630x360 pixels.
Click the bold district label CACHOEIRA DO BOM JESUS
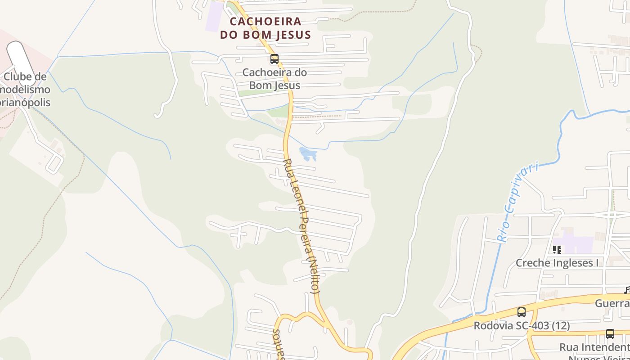265,28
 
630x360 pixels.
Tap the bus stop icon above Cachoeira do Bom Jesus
274,59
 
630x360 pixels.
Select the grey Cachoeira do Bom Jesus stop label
274,79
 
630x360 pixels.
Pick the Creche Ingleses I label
557,263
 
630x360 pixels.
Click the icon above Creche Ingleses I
557,249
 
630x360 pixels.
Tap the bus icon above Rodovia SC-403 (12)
522,312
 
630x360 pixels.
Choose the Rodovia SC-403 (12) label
522,325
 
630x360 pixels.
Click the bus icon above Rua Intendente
610,334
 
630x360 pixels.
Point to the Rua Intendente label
594,347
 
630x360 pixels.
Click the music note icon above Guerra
627,291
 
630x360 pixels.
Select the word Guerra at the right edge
612,303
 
